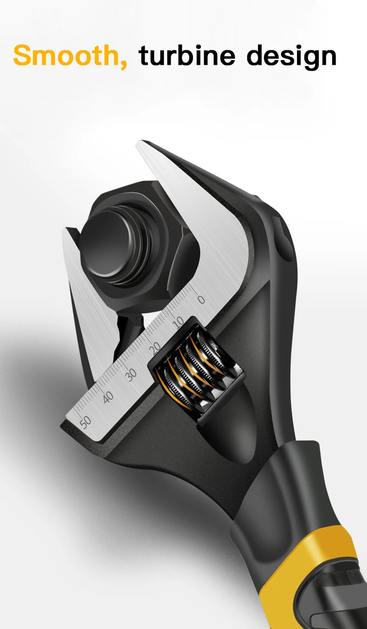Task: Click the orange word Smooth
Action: (65, 55)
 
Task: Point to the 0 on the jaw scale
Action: (201, 299)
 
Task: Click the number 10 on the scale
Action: (178, 323)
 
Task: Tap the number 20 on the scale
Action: (155, 348)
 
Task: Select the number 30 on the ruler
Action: (131, 375)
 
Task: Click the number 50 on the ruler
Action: (85, 422)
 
